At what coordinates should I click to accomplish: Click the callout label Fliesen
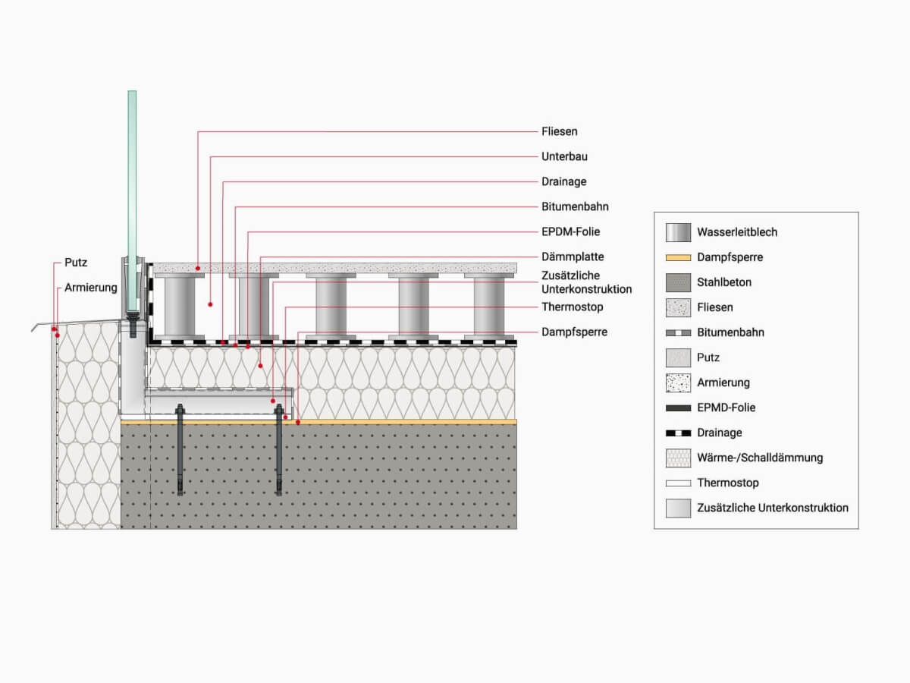point(559,131)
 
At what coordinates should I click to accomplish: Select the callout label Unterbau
point(564,156)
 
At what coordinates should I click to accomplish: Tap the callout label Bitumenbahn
point(575,206)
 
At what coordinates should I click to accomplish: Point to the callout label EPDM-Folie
point(570,231)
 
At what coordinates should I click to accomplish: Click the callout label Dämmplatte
point(573,257)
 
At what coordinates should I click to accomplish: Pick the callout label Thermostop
point(572,307)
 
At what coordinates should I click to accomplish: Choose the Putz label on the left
point(76,263)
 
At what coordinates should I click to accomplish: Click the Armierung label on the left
point(91,288)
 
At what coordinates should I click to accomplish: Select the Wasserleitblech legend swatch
point(678,232)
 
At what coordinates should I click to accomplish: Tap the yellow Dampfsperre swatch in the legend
point(678,257)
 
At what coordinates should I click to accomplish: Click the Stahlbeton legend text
point(724,282)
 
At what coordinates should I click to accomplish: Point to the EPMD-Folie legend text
point(726,408)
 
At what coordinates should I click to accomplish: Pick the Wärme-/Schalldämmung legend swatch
point(678,458)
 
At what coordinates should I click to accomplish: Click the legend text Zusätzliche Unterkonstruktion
point(772,508)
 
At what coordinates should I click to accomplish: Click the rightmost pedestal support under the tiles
point(494,306)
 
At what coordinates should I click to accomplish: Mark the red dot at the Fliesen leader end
point(198,267)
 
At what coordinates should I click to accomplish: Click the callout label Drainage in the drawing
point(563,181)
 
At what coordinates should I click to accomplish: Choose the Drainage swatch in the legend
point(678,433)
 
